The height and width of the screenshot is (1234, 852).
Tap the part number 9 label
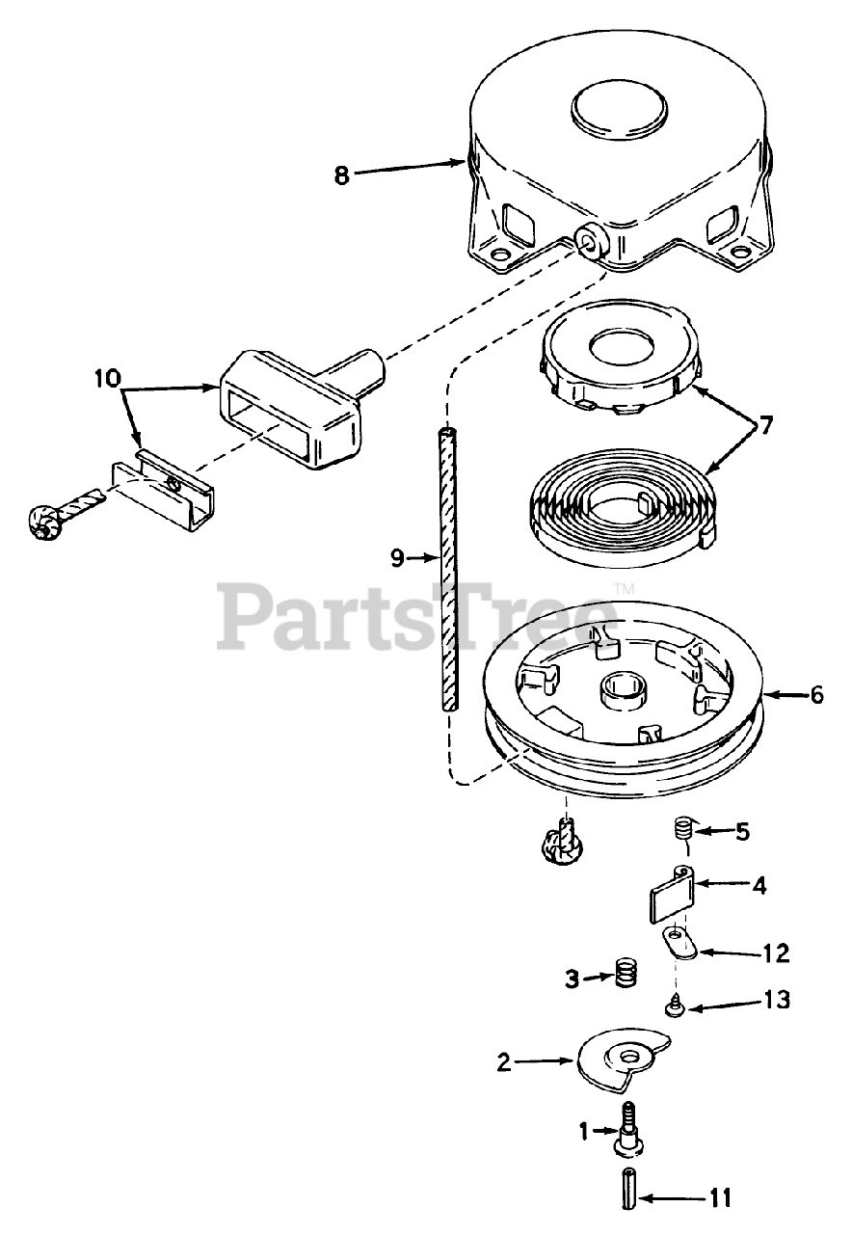[x=397, y=556]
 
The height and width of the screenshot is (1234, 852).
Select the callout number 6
[x=817, y=694]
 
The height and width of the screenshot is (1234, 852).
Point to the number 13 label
[x=776, y=1000]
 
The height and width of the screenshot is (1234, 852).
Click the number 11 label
[x=720, y=1198]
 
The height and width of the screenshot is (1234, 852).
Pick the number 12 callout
[x=775, y=953]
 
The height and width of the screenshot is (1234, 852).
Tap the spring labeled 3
[x=627, y=976]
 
